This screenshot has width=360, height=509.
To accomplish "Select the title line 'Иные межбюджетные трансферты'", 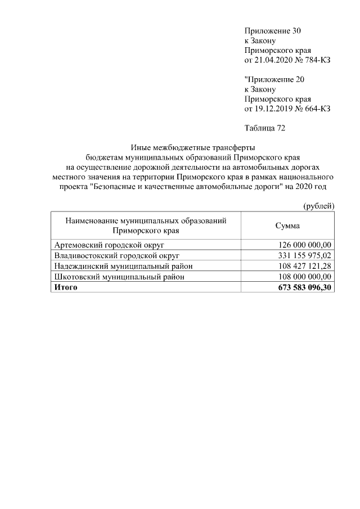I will click(193, 148).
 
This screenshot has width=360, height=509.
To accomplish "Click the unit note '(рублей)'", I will click(318, 206).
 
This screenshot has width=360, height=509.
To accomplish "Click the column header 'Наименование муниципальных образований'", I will click(146, 221).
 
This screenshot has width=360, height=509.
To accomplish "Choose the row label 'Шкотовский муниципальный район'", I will click(111, 277).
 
